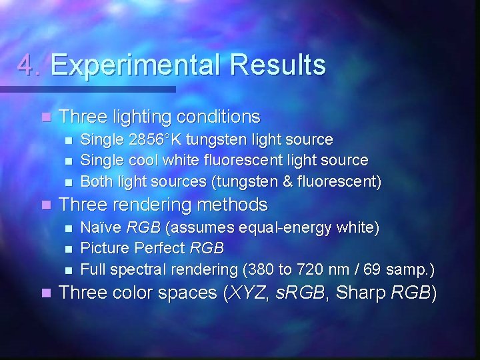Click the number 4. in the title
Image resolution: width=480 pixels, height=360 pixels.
click(x=30, y=65)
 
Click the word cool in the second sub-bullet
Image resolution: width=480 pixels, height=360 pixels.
click(x=143, y=161)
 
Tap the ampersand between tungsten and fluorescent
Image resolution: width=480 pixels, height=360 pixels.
click(x=295, y=181)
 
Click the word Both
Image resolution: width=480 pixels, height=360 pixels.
click(x=96, y=181)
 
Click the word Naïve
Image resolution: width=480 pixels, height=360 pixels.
click(x=101, y=228)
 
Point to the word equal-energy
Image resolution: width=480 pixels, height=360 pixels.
click(x=288, y=228)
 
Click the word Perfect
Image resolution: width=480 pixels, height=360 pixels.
click(x=160, y=249)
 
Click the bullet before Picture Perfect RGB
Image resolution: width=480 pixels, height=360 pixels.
click(x=67, y=249)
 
